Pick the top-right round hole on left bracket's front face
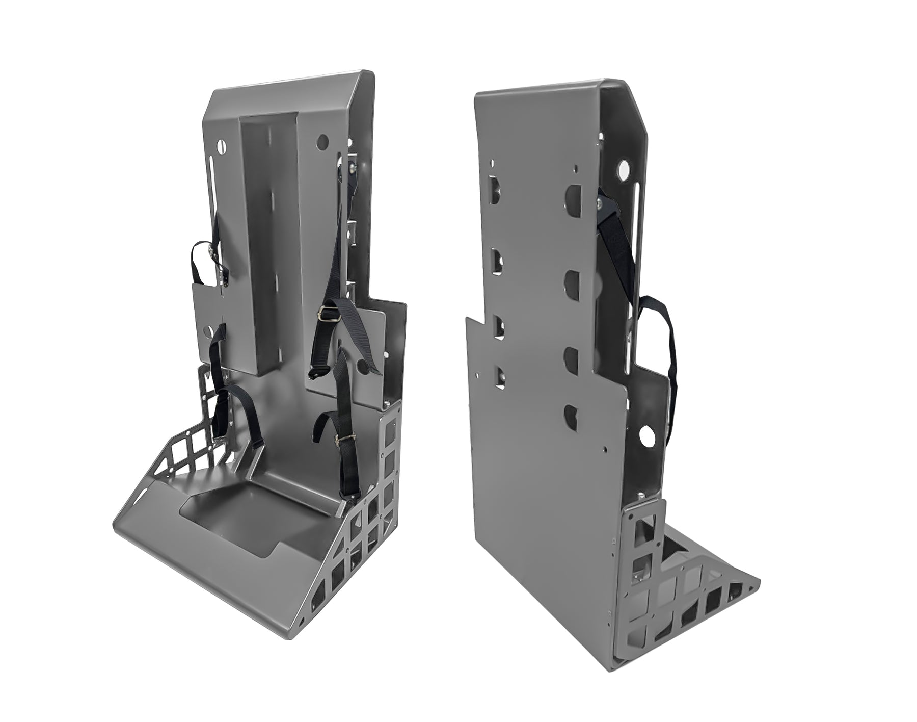pos(321,140)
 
